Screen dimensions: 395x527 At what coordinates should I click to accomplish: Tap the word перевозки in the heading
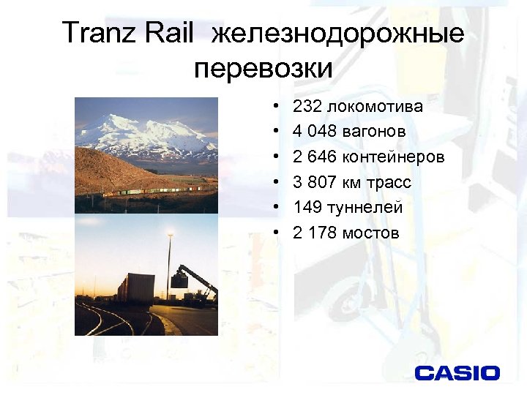263,69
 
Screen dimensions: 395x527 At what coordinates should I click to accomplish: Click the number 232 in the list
307,107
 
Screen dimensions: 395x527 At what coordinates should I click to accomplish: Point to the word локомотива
375,107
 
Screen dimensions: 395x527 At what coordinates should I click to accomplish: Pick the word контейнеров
393,157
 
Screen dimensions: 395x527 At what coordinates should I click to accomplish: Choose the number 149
307,208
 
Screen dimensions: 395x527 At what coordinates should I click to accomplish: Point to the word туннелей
365,208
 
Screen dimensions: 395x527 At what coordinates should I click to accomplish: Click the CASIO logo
457,372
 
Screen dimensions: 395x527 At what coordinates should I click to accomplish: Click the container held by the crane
180,279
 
